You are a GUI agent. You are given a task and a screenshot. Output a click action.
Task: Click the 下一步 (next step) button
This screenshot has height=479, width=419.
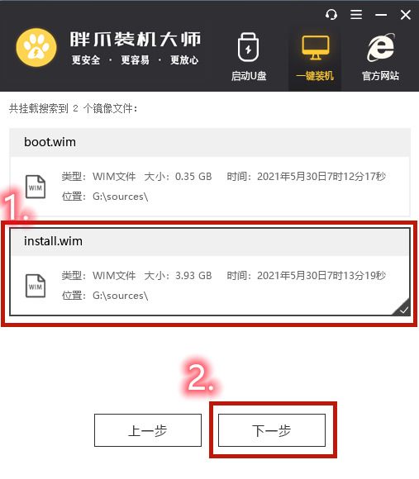tap(272, 430)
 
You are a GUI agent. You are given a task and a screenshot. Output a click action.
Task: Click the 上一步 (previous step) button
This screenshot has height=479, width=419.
tap(148, 430)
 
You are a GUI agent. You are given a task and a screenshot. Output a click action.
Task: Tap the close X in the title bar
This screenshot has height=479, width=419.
tap(406, 15)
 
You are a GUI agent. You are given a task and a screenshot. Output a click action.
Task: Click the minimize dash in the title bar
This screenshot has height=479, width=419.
tap(381, 15)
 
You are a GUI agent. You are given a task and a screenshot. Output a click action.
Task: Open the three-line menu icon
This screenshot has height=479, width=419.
tap(356, 14)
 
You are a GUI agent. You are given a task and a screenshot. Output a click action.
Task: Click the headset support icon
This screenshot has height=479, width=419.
tap(331, 14)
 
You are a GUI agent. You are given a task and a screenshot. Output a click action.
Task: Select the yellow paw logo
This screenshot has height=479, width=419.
tap(36, 47)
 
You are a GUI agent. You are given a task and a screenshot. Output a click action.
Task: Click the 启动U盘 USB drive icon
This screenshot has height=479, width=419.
tap(248, 47)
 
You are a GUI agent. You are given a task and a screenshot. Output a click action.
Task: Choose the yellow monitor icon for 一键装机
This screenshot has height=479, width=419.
tap(316, 47)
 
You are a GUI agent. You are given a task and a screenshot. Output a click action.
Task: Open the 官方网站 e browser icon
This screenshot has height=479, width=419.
tap(381, 47)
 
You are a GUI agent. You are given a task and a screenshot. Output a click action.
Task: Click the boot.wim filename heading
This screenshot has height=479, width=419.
tap(50, 142)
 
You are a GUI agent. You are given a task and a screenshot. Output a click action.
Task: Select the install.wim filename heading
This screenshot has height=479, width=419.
tap(53, 241)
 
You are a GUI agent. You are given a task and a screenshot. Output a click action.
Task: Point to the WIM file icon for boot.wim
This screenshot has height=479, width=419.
tap(36, 187)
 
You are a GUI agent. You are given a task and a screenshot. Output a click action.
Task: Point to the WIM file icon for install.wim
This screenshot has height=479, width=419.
tap(36, 286)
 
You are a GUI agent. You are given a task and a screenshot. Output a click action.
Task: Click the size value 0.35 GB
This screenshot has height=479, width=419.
tap(193, 177)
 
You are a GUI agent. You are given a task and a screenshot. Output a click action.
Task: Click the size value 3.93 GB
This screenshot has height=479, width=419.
tap(193, 276)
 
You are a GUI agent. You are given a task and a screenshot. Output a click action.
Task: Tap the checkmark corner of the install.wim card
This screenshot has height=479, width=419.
tap(403, 309)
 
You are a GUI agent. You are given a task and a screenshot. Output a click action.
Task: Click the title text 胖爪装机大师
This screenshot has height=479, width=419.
tap(136, 40)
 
